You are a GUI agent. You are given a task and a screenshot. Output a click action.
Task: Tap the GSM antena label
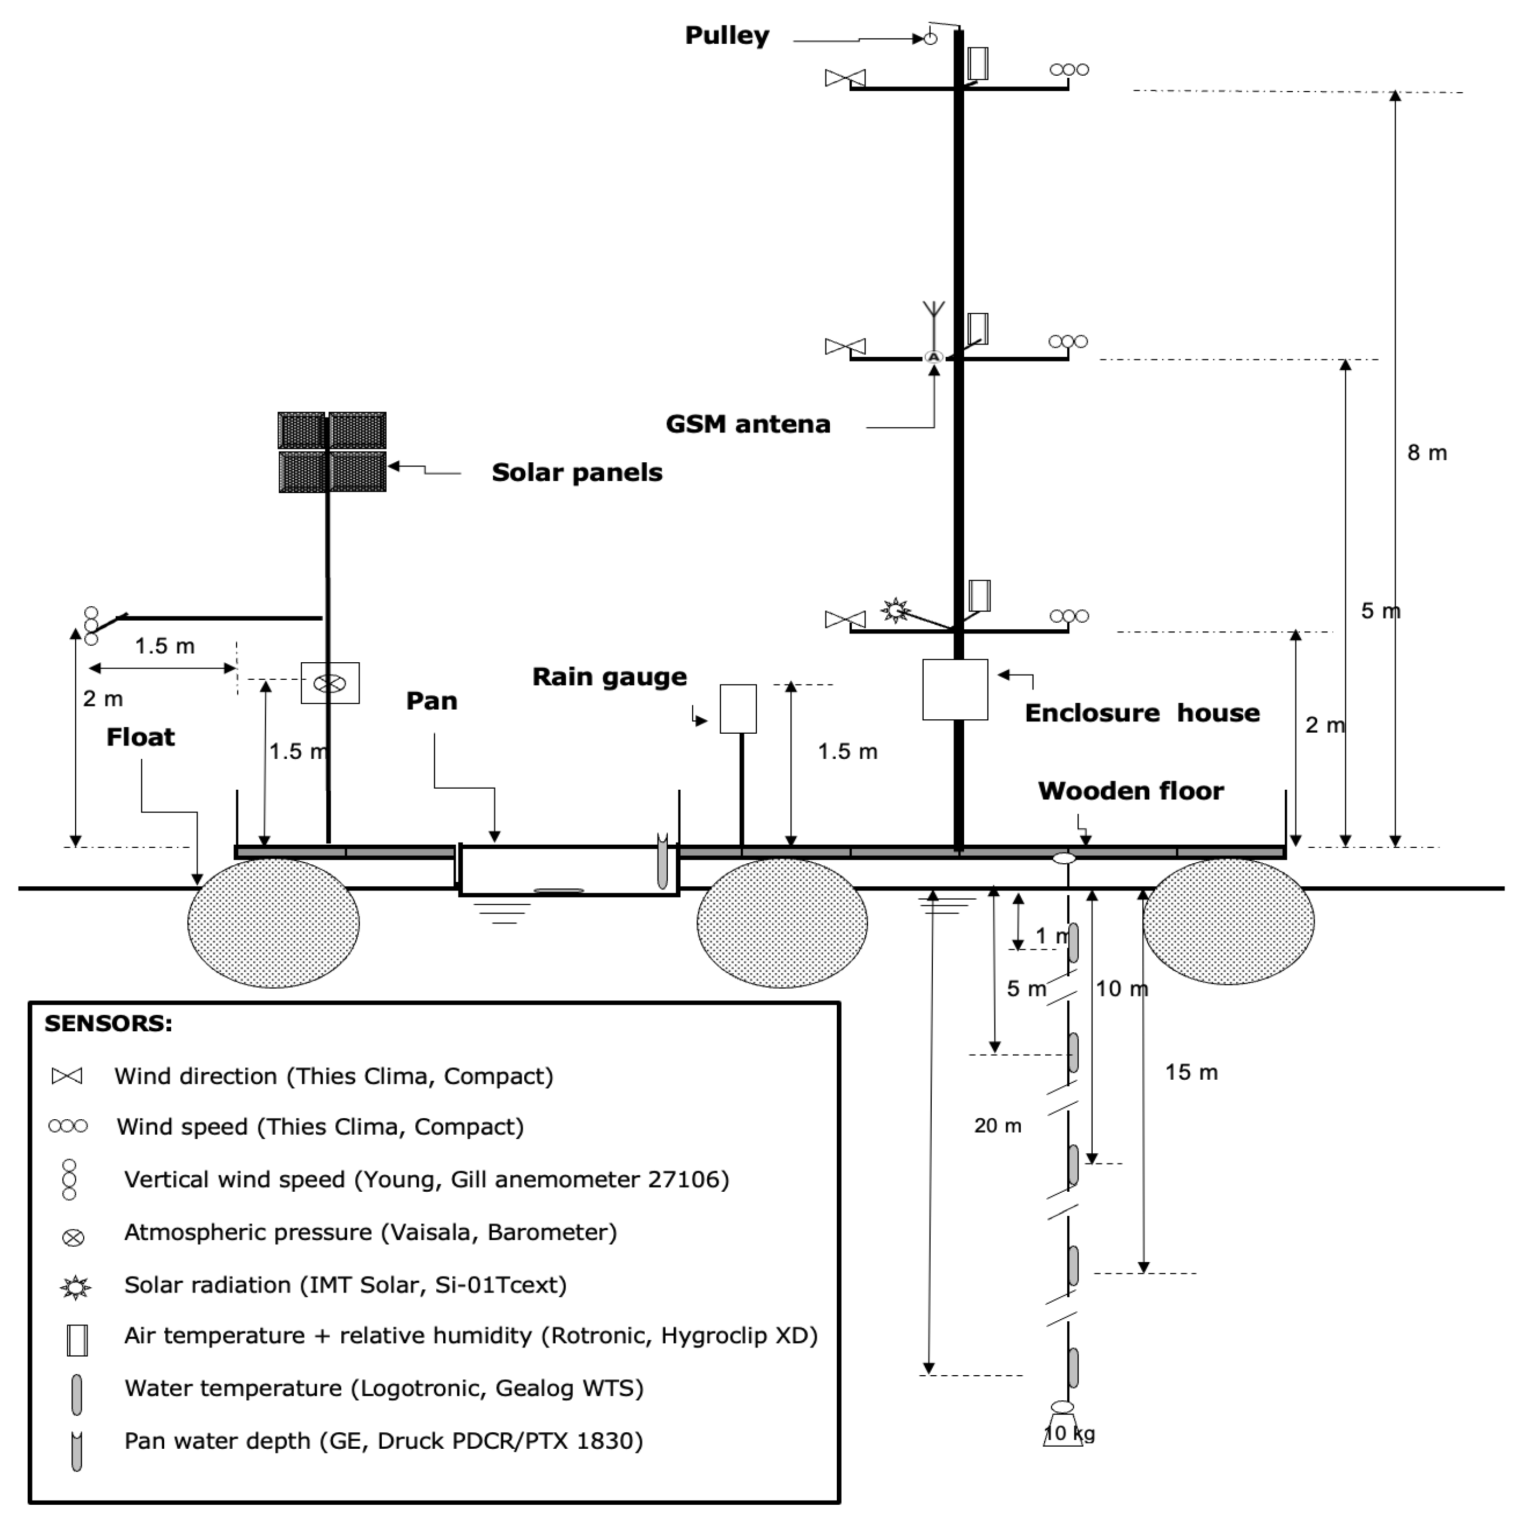coord(748,424)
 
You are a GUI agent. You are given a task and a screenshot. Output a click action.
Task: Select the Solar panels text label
coord(577,472)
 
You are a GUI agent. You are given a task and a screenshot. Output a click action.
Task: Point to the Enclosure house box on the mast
coord(955,689)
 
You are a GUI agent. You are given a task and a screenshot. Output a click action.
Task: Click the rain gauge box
coord(739,709)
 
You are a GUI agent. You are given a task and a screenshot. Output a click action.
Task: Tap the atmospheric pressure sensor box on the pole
coord(331,683)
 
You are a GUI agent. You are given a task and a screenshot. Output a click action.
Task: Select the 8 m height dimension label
coord(1427,453)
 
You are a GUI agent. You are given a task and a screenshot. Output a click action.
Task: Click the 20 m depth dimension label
coord(997,1126)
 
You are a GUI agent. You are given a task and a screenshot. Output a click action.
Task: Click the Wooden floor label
coord(1131,791)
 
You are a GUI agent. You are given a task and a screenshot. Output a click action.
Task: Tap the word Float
coord(141,737)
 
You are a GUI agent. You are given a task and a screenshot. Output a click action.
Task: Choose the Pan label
coord(431,701)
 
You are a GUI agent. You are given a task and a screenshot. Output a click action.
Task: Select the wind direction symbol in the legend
coord(67,1076)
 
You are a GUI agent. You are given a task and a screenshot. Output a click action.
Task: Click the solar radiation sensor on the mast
coord(895,611)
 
